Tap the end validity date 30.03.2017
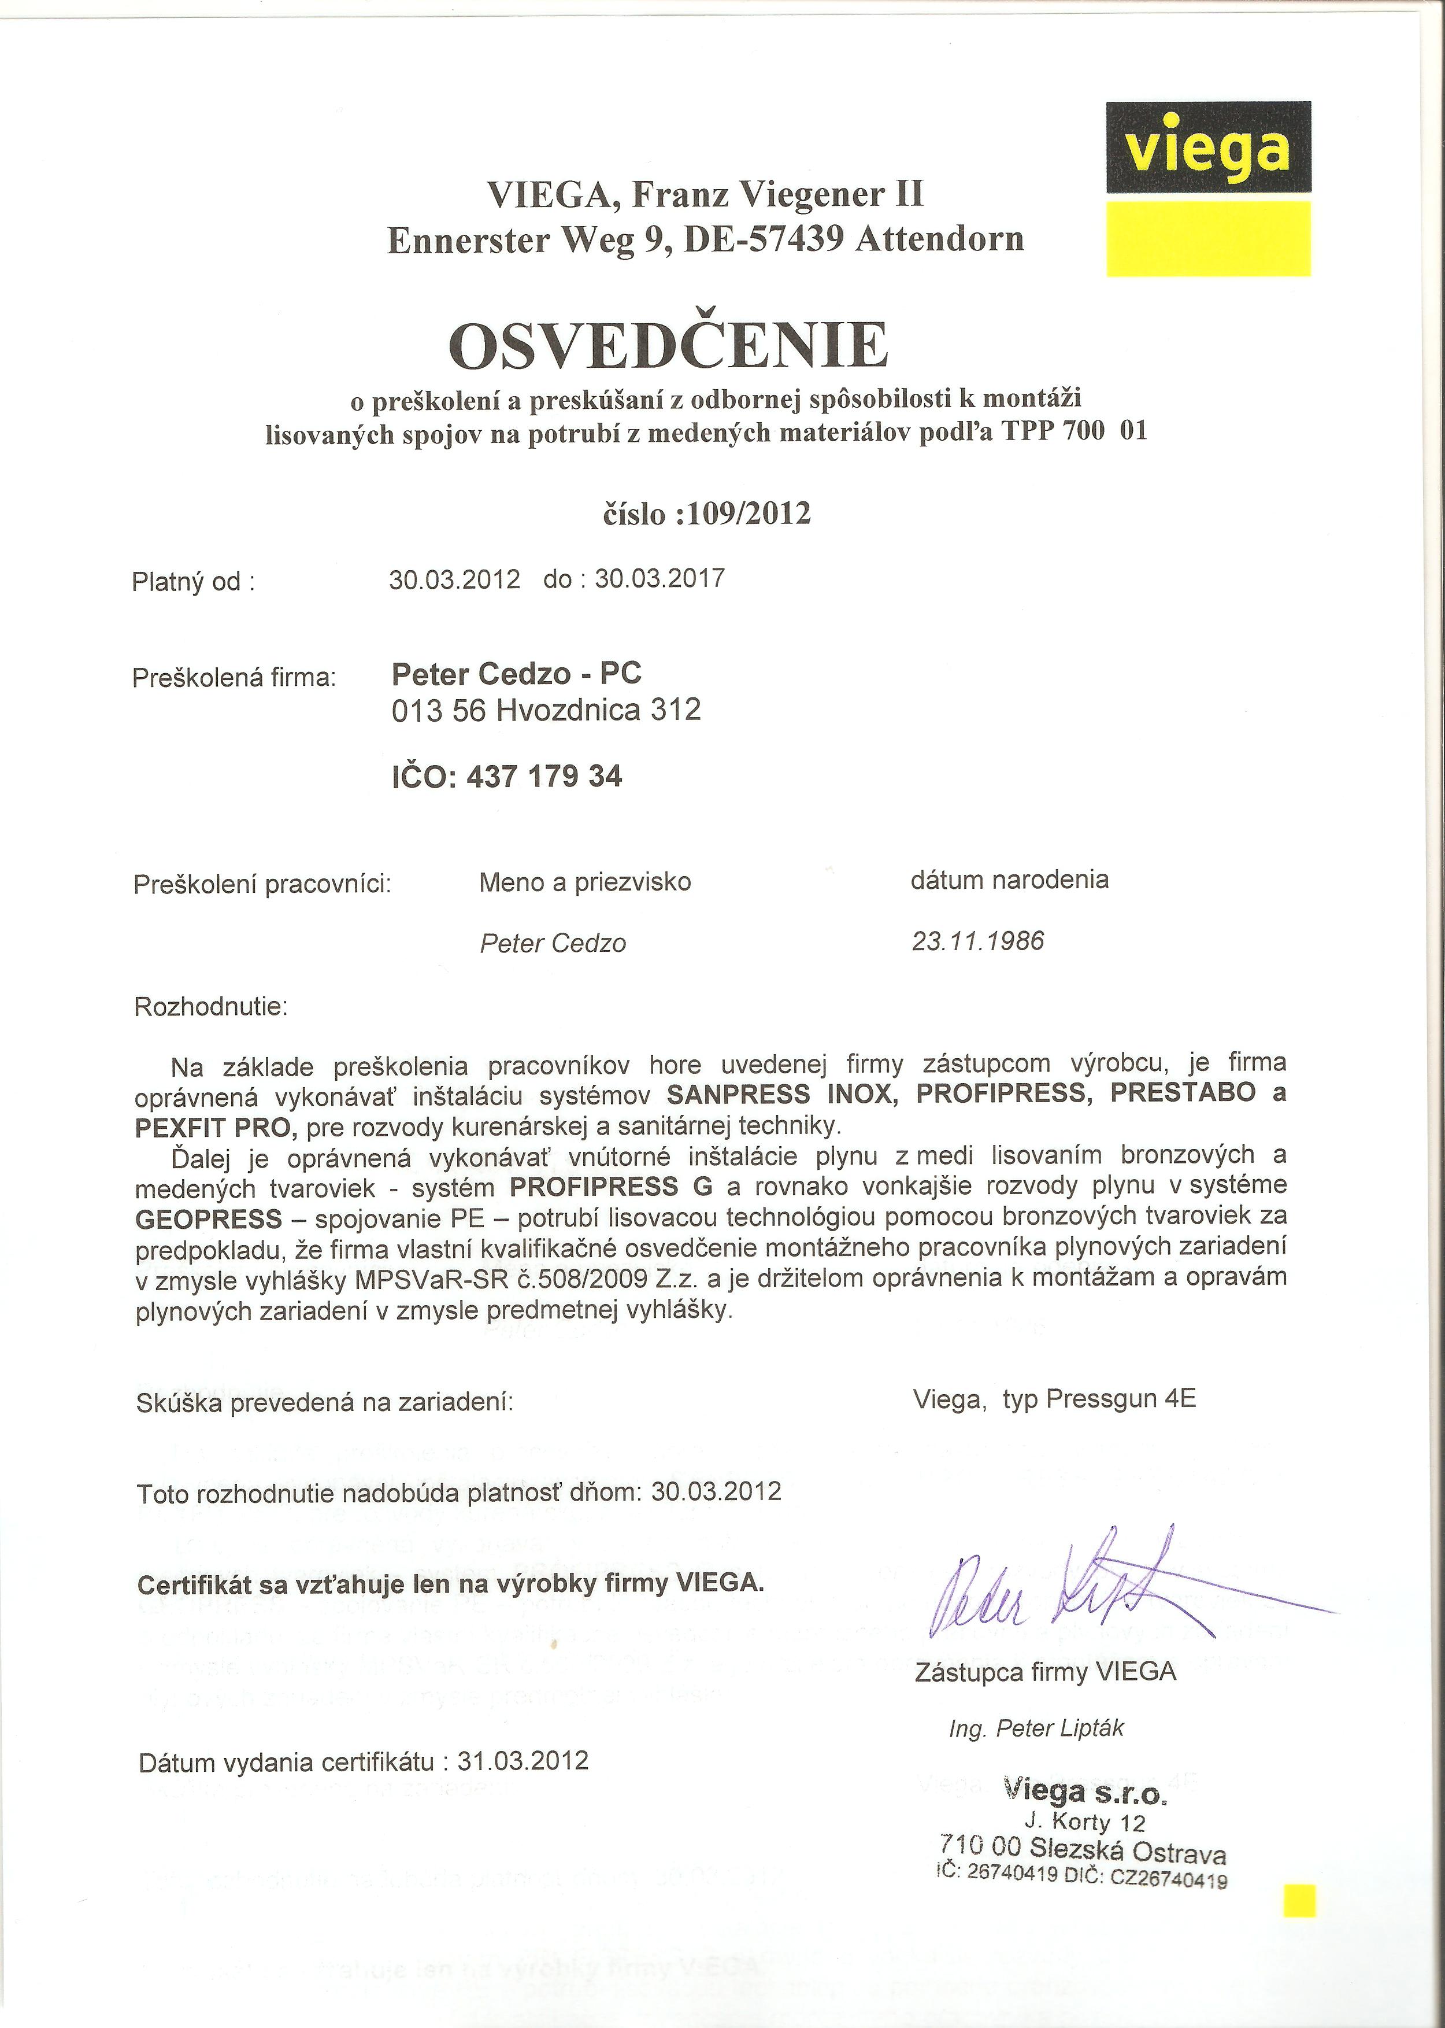[x=659, y=579]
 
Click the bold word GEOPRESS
[x=208, y=1218]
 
